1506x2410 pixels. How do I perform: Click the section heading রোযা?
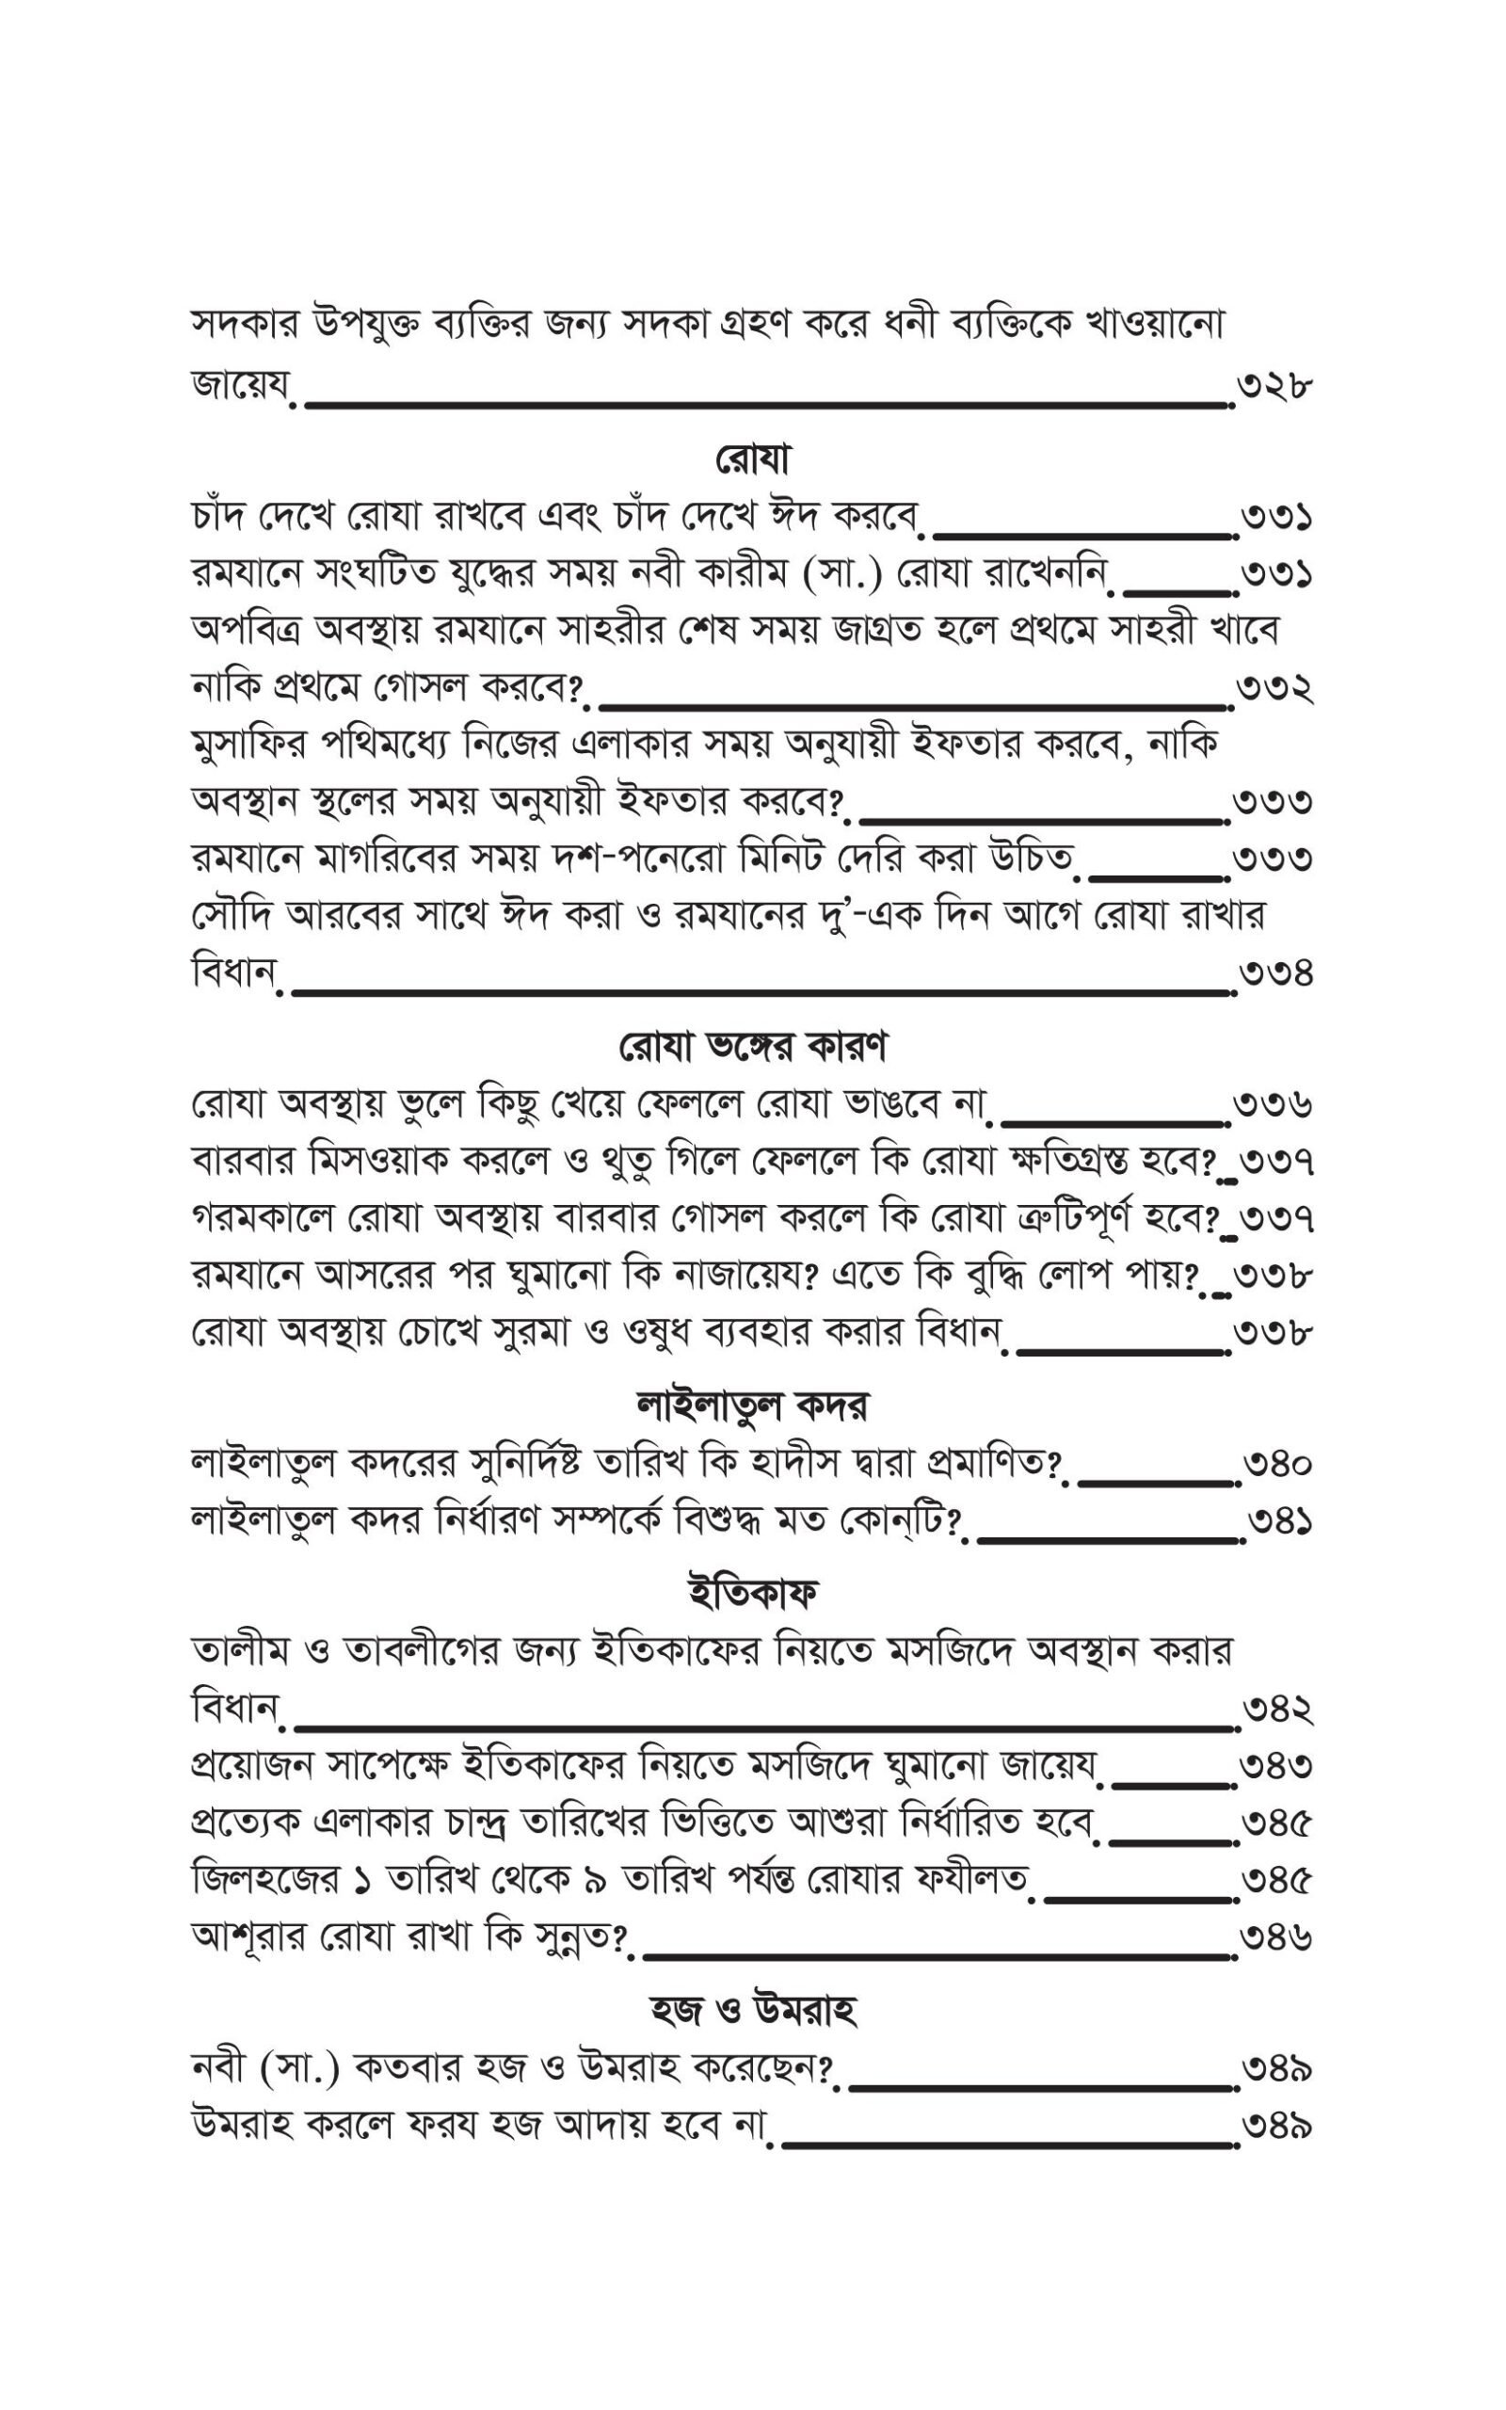pyautogui.click(x=752, y=460)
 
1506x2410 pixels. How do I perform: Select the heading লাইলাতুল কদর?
pyautogui.click(x=752, y=1406)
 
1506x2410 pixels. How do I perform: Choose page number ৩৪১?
pyautogui.click(x=1278, y=1522)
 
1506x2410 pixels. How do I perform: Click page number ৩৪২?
pyautogui.click(x=1276, y=1710)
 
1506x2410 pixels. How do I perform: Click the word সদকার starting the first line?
pyautogui.click(x=243, y=326)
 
